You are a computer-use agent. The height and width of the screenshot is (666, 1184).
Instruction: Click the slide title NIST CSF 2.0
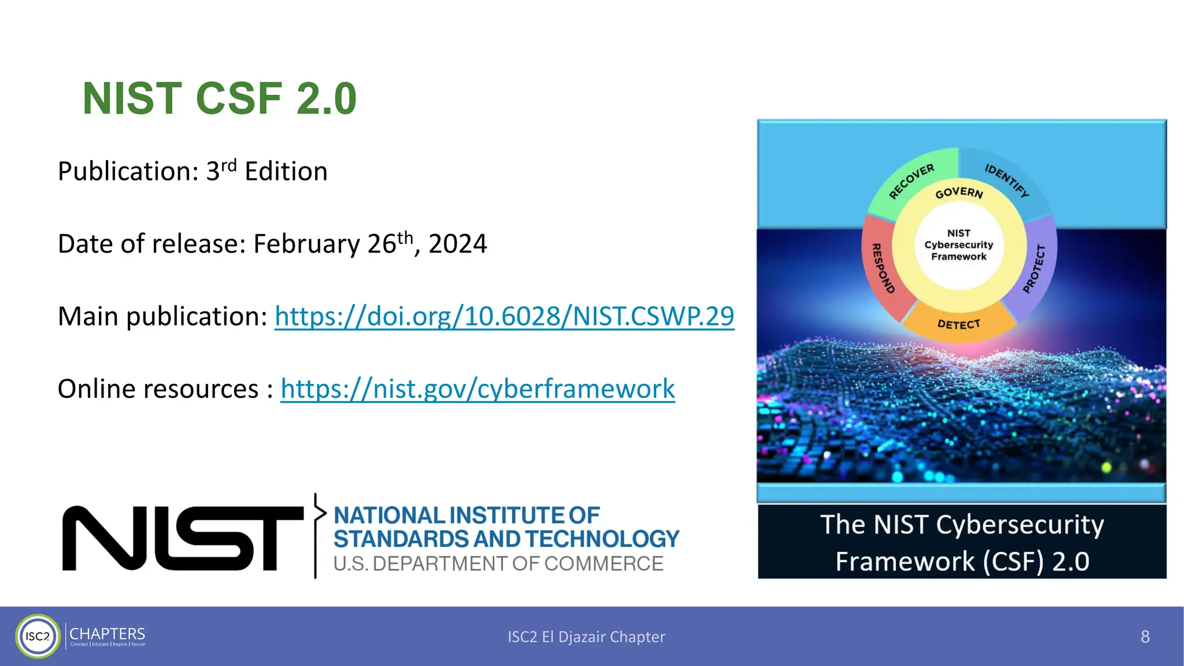[220, 98]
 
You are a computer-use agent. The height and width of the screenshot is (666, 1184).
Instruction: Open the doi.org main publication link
[504, 316]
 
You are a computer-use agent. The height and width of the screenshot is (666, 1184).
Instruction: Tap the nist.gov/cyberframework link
[478, 388]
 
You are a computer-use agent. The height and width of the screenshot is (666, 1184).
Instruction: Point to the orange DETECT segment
[959, 324]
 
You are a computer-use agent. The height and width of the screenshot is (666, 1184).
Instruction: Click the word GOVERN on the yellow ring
[959, 193]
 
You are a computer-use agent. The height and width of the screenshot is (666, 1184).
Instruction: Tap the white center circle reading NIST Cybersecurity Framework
[959, 245]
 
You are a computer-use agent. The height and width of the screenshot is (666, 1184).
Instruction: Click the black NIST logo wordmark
[183, 538]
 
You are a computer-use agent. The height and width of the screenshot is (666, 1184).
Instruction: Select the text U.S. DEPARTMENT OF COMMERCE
[498, 564]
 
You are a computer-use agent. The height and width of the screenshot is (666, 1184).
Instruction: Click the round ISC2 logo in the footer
[38, 637]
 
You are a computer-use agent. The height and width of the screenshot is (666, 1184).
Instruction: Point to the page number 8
[1145, 637]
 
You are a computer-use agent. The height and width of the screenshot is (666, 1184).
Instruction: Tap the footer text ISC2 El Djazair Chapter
[586, 637]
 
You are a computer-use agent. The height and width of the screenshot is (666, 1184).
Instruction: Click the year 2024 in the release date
[457, 244]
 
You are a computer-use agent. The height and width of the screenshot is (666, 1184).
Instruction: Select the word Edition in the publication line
[286, 172]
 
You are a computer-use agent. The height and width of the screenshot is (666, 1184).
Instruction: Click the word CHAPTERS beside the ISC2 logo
[107, 634]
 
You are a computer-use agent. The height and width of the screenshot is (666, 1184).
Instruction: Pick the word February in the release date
[306, 244]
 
